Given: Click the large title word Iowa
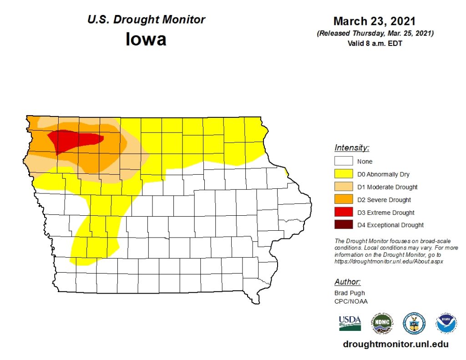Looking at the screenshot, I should pyautogui.click(x=146, y=39).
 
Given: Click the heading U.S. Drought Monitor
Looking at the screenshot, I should pyautogui.click(x=146, y=20).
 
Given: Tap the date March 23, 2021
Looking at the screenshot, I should pyautogui.click(x=375, y=21).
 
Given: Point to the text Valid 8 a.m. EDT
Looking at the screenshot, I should pyautogui.click(x=375, y=44).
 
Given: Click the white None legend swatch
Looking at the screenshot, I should pyautogui.click(x=344, y=161).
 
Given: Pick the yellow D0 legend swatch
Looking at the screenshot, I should pyautogui.click(x=344, y=174).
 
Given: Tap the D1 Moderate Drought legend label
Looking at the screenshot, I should pyautogui.click(x=387, y=187).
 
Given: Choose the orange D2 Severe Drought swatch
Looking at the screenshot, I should pyautogui.click(x=344, y=199).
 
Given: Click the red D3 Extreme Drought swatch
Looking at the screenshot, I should pyautogui.click(x=344, y=212).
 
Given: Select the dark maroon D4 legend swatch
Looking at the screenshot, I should pyautogui.click(x=344, y=225).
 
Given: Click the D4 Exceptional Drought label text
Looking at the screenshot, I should pyautogui.click(x=390, y=225).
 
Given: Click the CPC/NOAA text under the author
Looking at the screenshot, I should pyautogui.click(x=350, y=301).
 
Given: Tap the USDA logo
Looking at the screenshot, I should pyautogui.click(x=349, y=323).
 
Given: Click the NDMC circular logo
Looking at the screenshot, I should pyautogui.click(x=381, y=323).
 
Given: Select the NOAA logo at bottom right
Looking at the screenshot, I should pyautogui.click(x=446, y=323).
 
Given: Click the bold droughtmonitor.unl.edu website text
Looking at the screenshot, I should pyautogui.click(x=395, y=345).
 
